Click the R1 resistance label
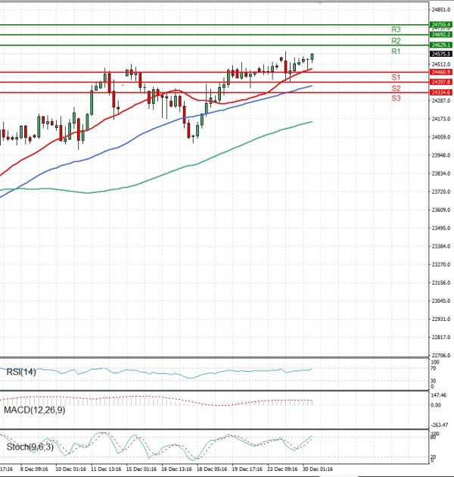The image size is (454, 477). pos(396,51)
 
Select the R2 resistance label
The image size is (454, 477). pos(396,40)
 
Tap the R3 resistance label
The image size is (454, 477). pos(396,29)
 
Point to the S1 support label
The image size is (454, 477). pos(396,77)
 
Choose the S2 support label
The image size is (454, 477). pos(396,89)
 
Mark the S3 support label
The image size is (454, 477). pos(396,98)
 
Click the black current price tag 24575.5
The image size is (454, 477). pos(440,55)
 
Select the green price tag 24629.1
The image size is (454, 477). pos(440,45)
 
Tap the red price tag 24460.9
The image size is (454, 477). pos(440,72)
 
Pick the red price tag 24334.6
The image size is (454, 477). pos(440,92)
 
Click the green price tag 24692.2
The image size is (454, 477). pos(440,35)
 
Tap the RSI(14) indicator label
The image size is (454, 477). pos(21,371)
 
